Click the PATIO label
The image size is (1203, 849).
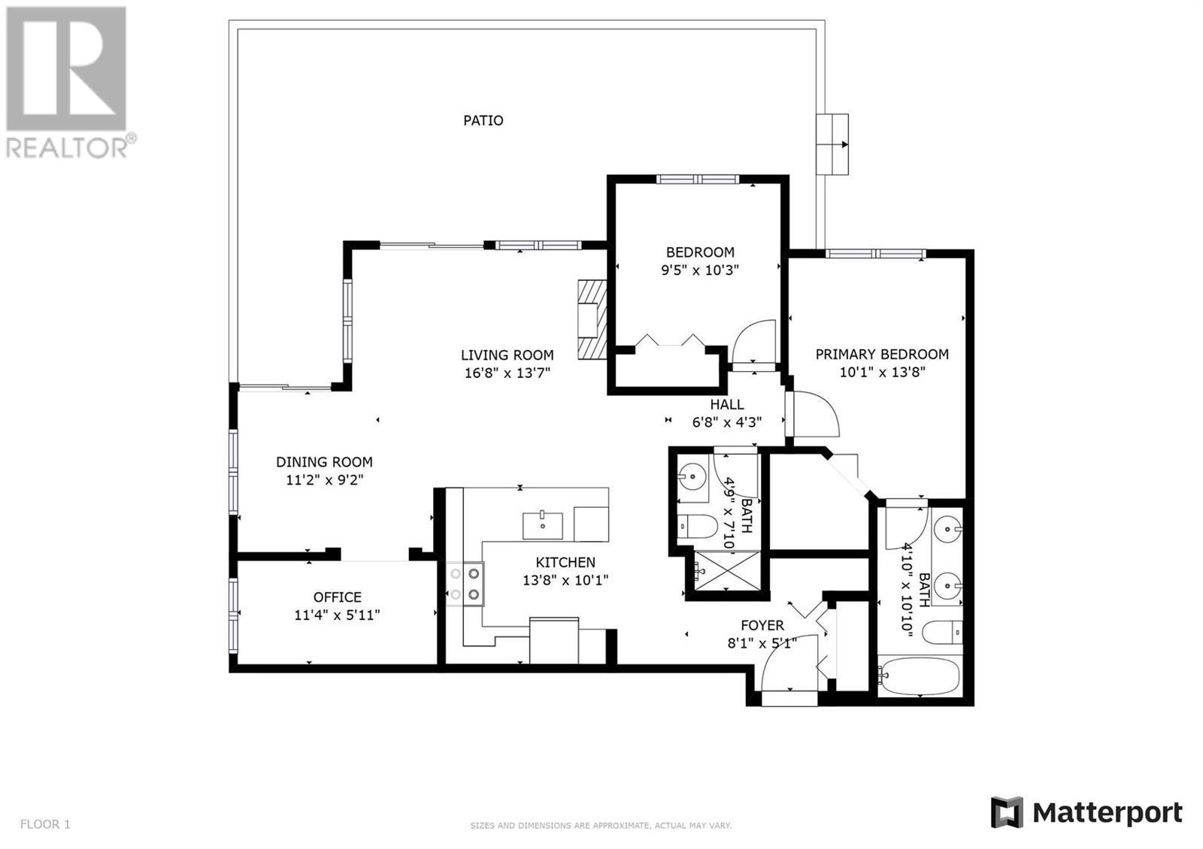483,121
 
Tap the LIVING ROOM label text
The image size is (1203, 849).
507,355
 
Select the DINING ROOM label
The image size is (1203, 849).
324,462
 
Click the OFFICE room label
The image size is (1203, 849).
338,597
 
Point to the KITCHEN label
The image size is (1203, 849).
565,563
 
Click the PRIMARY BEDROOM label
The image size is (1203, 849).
882,354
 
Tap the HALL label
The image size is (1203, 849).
726,405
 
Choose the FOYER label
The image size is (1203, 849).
762,625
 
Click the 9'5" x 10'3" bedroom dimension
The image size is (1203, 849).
699,270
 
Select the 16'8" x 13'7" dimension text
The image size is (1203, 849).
507,373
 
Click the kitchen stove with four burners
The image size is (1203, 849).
465,584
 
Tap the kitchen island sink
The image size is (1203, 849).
543,525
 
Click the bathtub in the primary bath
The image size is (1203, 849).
920,675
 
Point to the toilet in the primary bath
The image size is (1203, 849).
942,632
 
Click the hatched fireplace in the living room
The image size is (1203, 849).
592,319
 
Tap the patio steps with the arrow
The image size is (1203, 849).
832,144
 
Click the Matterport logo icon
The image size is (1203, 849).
1007,812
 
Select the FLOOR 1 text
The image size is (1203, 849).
45,823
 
